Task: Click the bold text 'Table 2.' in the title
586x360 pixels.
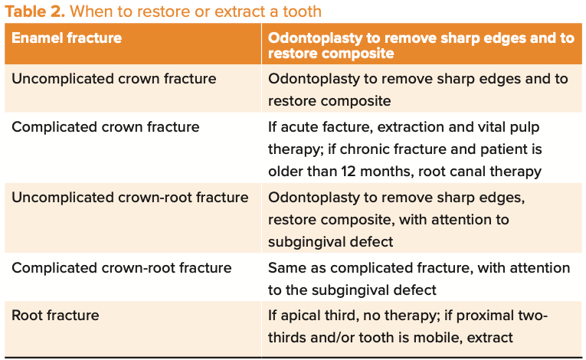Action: [34, 11]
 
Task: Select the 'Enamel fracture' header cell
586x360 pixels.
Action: [67, 38]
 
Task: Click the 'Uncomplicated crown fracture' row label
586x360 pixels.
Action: [114, 79]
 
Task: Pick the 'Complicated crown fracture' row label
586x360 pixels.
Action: [106, 127]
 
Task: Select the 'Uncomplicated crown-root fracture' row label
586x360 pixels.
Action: [130, 198]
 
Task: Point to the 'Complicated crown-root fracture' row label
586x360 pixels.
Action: [122, 267]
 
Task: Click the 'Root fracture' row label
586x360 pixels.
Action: [55, 316]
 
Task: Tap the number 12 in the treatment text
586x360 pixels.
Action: [349, 172]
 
